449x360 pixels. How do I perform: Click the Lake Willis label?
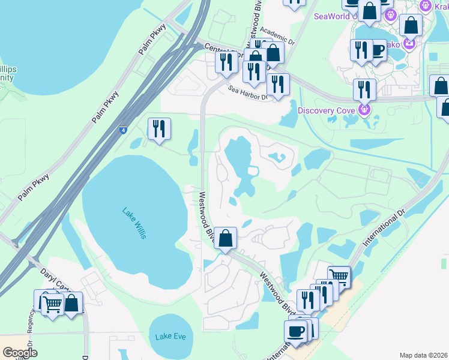(x=134, y=223)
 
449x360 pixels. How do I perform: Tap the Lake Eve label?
(x=170, y=336)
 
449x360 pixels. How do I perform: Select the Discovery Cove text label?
(x=328, y=110)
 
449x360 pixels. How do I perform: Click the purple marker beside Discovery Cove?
(x=363, y=109)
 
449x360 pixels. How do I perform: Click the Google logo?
(x=20, y=353)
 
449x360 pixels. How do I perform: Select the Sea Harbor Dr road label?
(x=248, y=92)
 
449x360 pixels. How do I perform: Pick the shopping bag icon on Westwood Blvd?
(x=225, y=239)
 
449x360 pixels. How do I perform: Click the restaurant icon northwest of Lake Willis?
(x=159, y=128)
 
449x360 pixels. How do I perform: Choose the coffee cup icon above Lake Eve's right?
(x=295, y=331)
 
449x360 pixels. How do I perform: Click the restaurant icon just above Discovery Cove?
(x=364, y=89)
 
